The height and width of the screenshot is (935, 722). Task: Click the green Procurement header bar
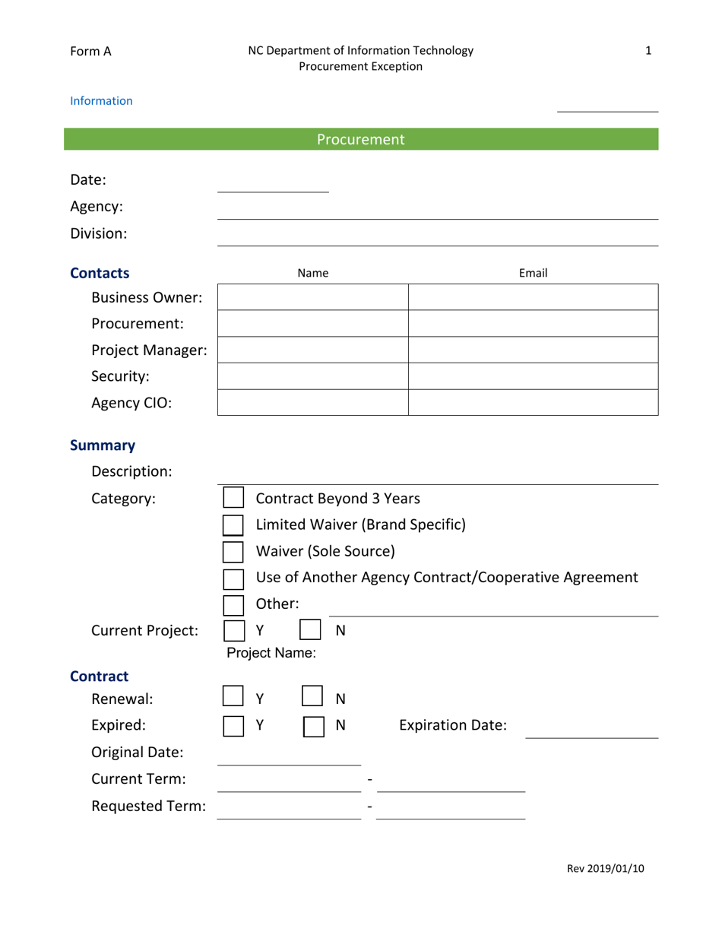pyautogui.click(x=361, y=139)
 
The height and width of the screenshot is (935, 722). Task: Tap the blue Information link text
pyautogui.click(x=101, y=100)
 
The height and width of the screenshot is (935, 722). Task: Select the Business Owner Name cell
pyautogui.click(x=313, y=297)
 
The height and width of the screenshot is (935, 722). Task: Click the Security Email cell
pyautogui.click(x=533, y=376)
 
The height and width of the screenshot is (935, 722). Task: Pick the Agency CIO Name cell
pyautogui.click(x=313, y=402)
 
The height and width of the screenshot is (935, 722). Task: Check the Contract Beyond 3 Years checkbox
pyautogui.click(x=233, y=499)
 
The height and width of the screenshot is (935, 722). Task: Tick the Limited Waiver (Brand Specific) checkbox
pyautogui.click(x=233, y=525)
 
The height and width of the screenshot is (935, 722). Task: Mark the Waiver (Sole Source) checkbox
pyautogui.click(x=233, y=551)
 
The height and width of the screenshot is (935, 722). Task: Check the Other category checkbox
pyautogui.click(x=233, y=605)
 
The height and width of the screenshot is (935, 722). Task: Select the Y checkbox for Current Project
pyautogui.click(x=234, y=631)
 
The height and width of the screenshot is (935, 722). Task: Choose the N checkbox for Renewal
pyautogui.click(x=313, y=698)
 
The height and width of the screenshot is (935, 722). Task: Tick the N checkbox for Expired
pyautogui.click(x=314, y=726)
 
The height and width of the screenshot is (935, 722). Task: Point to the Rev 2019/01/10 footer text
pyautogui.click(x=605, y=869)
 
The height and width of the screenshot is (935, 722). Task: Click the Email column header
pyautogui.click(x=533, y=273)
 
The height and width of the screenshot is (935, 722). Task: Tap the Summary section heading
pyautogui.click(x=103, y=445)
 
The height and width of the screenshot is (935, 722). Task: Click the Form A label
pyautogui.click(x=90, y=51)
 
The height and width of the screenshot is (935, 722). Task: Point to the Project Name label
pyautogui.click(x=271, y=652)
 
